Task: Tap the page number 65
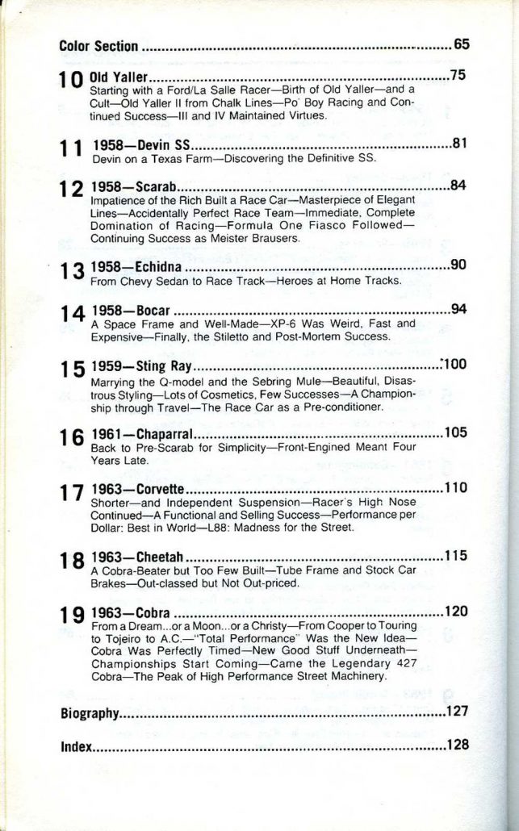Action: click(461, 44)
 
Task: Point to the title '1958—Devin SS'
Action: click(142, 146)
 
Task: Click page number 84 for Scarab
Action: click(458, 186)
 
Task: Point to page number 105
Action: click(455, 432)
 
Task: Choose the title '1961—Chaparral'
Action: click(144, 434)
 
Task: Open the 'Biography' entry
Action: click(90, 713)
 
